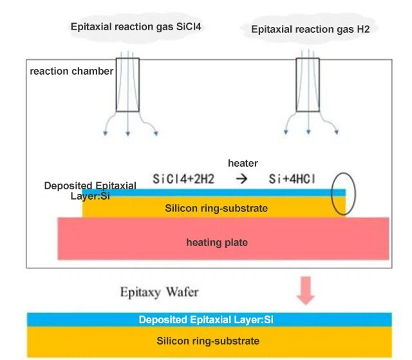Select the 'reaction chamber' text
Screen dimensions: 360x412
pos(71,71)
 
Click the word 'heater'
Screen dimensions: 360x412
pos(243,164)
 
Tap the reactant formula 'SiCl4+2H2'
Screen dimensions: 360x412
pos(183,178)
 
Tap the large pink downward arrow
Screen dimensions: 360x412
pos(305,291)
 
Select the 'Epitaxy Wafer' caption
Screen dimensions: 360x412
pos(160,292)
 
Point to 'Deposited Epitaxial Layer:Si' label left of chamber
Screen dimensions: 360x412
pos(90,191)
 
